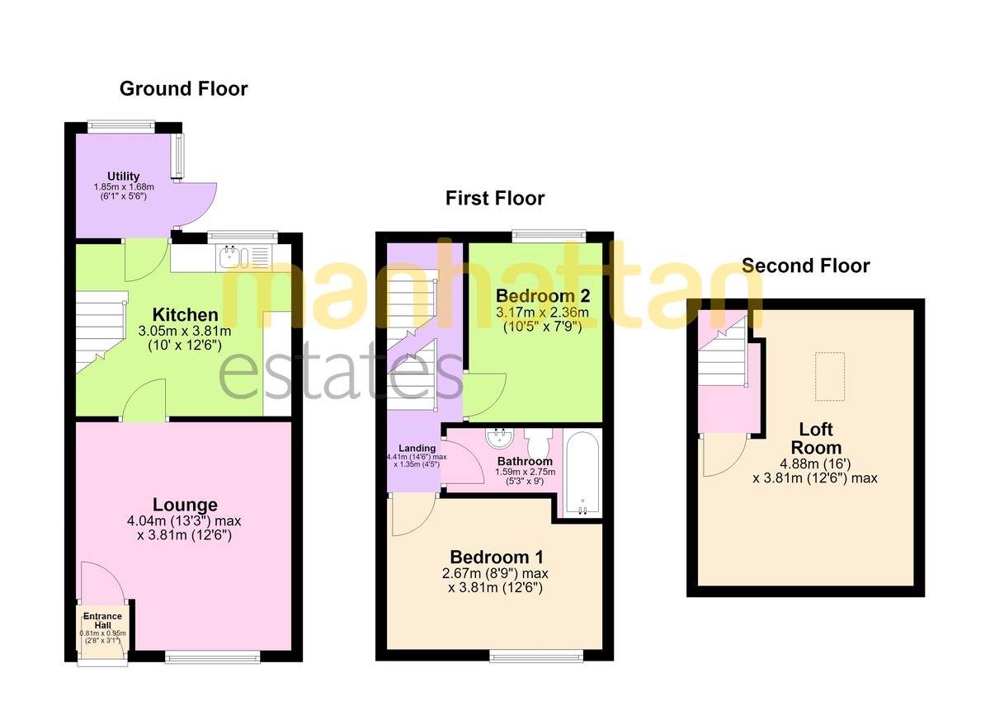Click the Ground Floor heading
point(183,89)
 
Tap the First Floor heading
point(494,198)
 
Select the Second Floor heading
point(806,266)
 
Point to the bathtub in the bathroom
point(582,474)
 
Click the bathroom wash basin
point(500,437)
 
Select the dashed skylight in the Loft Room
point(830,376)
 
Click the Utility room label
point(123,176)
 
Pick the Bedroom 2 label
point(543,295)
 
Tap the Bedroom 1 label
point(497,557)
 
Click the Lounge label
point(185,505)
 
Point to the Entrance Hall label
point(102,620)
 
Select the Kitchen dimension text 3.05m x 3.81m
point(185,331)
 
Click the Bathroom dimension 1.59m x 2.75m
point(525,471)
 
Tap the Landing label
point(417,449)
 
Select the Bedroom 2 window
point(549,236)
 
